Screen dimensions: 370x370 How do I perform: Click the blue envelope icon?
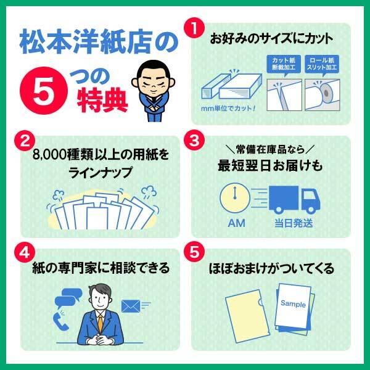pyautogui.click(x=131, y=305)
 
